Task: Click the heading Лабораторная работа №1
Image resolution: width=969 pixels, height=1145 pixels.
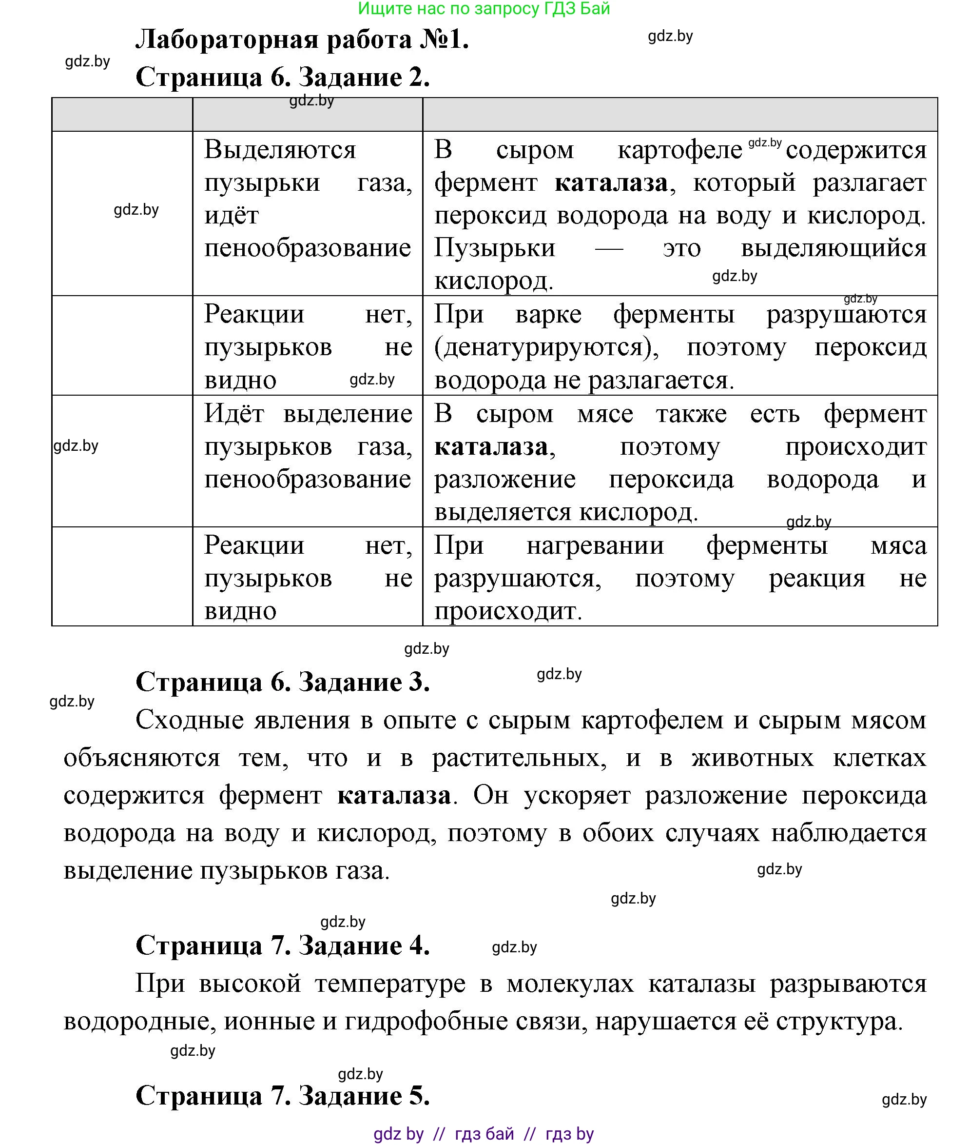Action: pos(302,40)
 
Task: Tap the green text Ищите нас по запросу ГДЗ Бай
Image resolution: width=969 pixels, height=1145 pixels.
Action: pos(484,9)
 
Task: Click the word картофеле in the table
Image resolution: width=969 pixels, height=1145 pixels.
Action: pos(679,151)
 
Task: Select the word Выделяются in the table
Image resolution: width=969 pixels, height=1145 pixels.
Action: pos(280,150)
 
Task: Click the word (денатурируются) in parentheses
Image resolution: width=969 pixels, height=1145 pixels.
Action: pos(546,347)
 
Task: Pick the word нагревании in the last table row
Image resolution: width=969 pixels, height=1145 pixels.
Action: pos(595,546)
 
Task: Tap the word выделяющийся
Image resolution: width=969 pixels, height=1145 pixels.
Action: pos(833,248)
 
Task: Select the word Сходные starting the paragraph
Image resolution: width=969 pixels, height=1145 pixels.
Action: pos(188,720)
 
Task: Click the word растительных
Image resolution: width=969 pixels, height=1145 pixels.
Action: pos(519,758)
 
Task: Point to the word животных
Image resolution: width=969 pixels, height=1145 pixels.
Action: pos(752,758)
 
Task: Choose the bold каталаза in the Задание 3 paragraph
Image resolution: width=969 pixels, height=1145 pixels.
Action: pos(394,795)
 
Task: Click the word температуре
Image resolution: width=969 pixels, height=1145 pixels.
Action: pos(390,984)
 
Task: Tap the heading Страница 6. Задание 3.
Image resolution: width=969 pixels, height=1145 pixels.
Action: pos(282,682)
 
